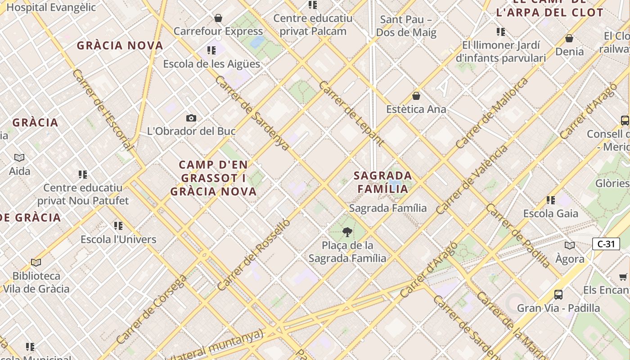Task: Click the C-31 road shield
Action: pyautogui.click(x=606, y=244)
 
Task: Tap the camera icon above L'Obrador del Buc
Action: pyautogui.click(x=191, y=118)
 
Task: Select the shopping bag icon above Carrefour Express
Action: pyautogui.click(x=218, y=18)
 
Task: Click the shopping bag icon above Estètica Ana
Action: pyautogui.click(x=416, y=96)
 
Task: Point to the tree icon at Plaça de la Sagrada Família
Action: pyautogui.click(x=347, y=232)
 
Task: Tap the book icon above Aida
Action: pyautogui.click(x=19, y=157)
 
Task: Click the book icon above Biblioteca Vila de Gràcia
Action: pyautogui.click(x=36, y=262)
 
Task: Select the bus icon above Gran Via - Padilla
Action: pyautogui.click(x=558, y=295)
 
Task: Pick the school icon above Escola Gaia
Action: pyautogui.click(x=550, y=200)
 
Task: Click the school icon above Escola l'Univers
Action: pyautogui.click(x=118, y=226)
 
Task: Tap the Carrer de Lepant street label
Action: pyautogui.click(x=351, y=114)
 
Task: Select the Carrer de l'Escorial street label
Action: pyautogui.click(x=103, y=110)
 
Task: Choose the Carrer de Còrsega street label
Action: pyautogui.click(x=151, y=309)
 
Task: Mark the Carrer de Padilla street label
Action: pyautogui.click(x=517, y=235)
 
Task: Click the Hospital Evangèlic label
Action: pyautogui.click(x=51, y=7)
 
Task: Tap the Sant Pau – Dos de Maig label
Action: pyautogui.click(x=406, y=26)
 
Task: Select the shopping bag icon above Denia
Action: pyautogui.click(x=569, y=38)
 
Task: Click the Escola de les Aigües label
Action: pyautogui.click(x=211, y=64)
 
